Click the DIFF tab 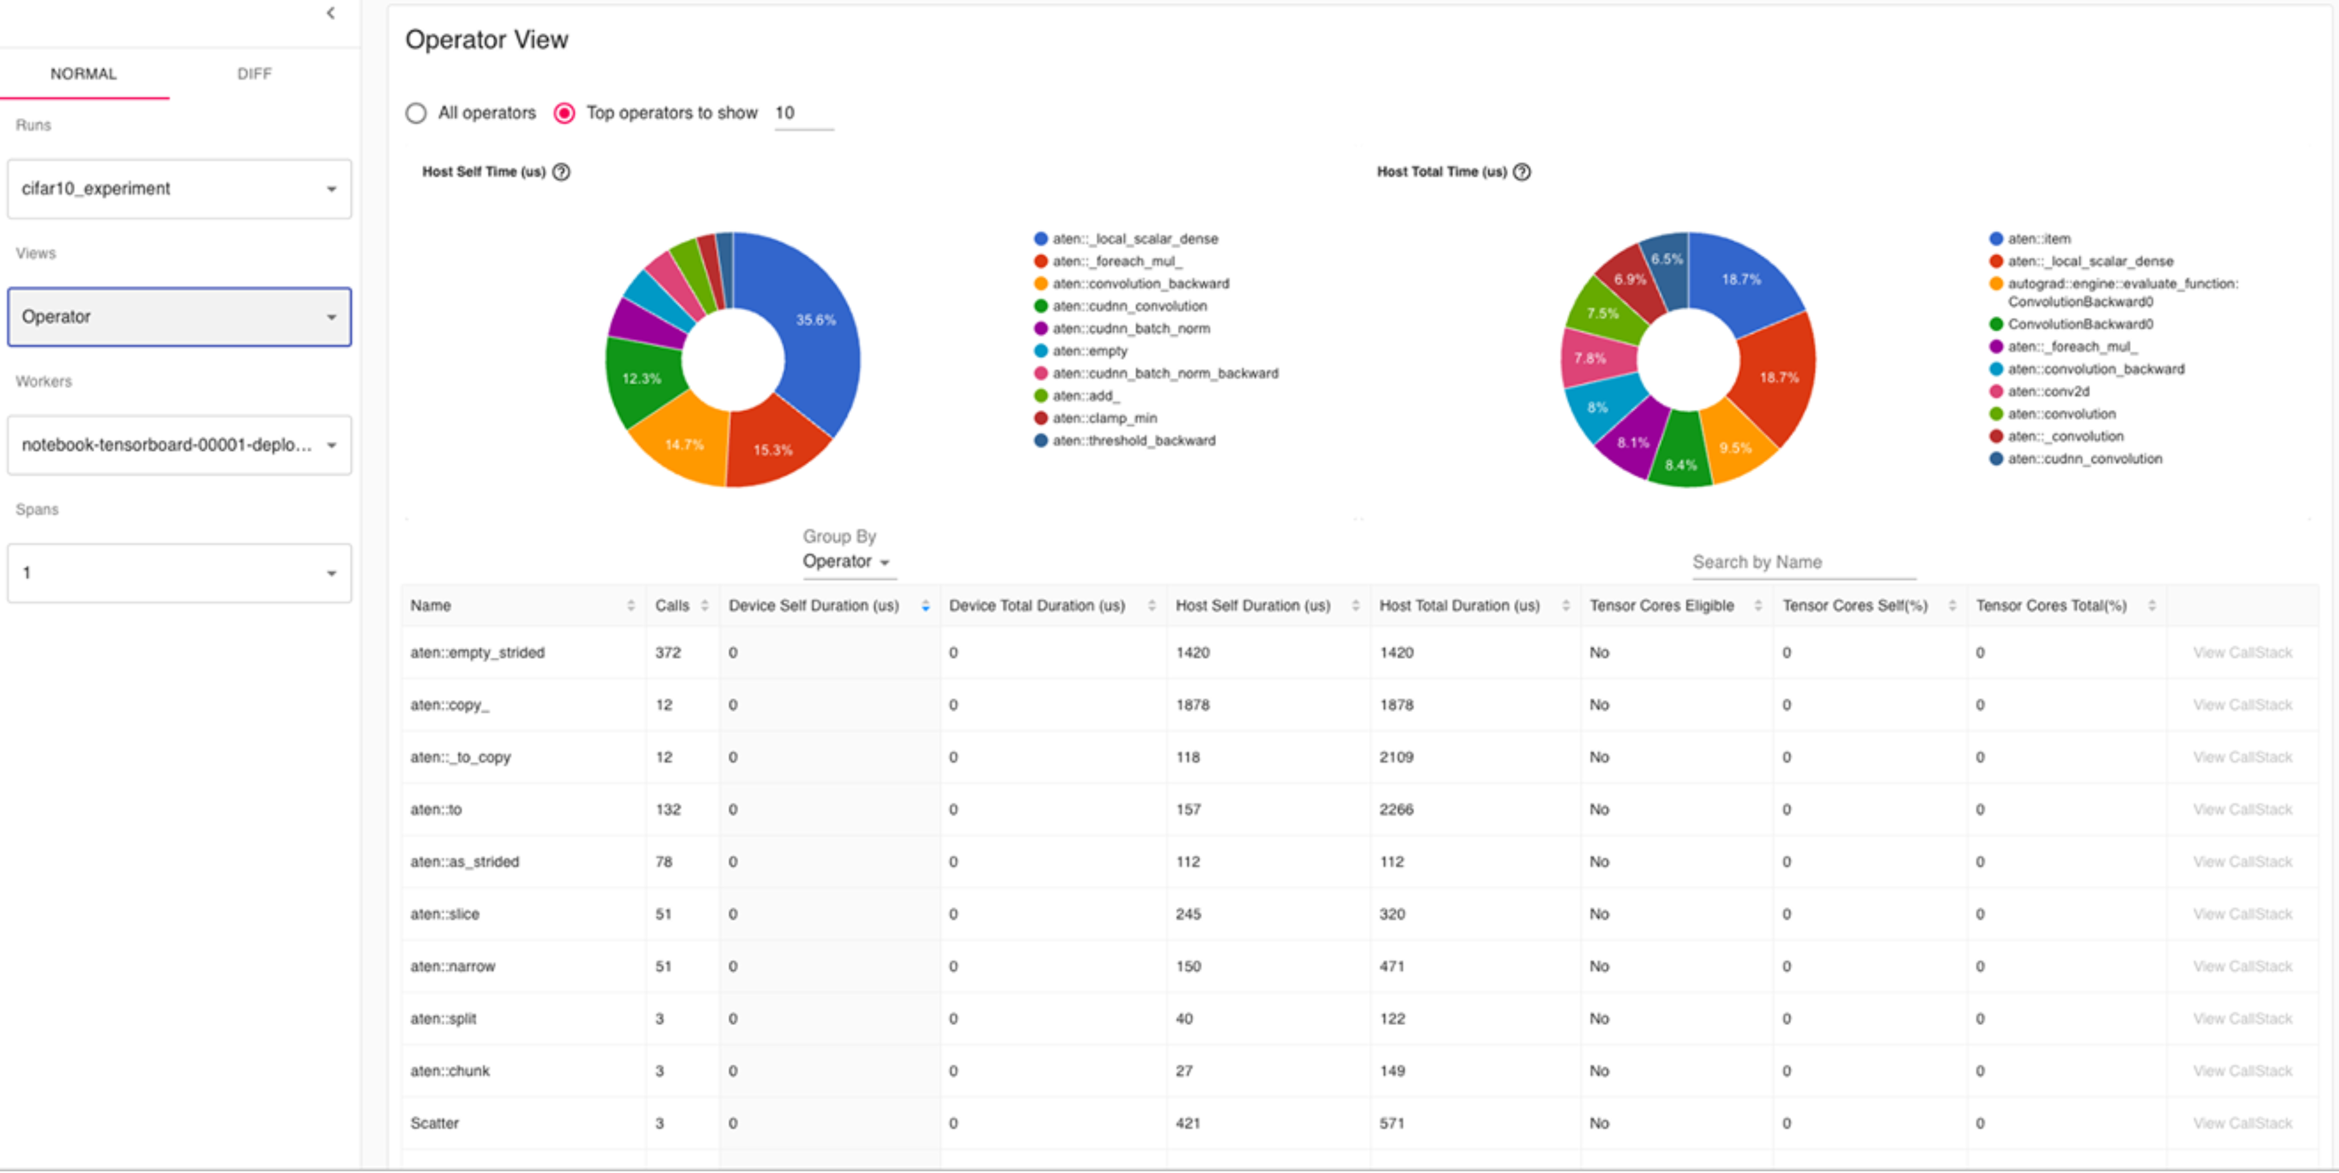[x=254, y=74]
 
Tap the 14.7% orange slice [x=683, y=444]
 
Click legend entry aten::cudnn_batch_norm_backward [x=1165, y=373]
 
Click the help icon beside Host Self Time [x=561, y=171]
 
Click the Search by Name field [x=1803, y=562]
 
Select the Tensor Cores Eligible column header [x=1661, y=606]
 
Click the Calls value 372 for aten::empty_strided [x=668, y=653]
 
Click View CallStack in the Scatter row [x=2242, y=1123]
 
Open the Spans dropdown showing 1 [x=179, y=573]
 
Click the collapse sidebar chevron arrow [x=331, y=13]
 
